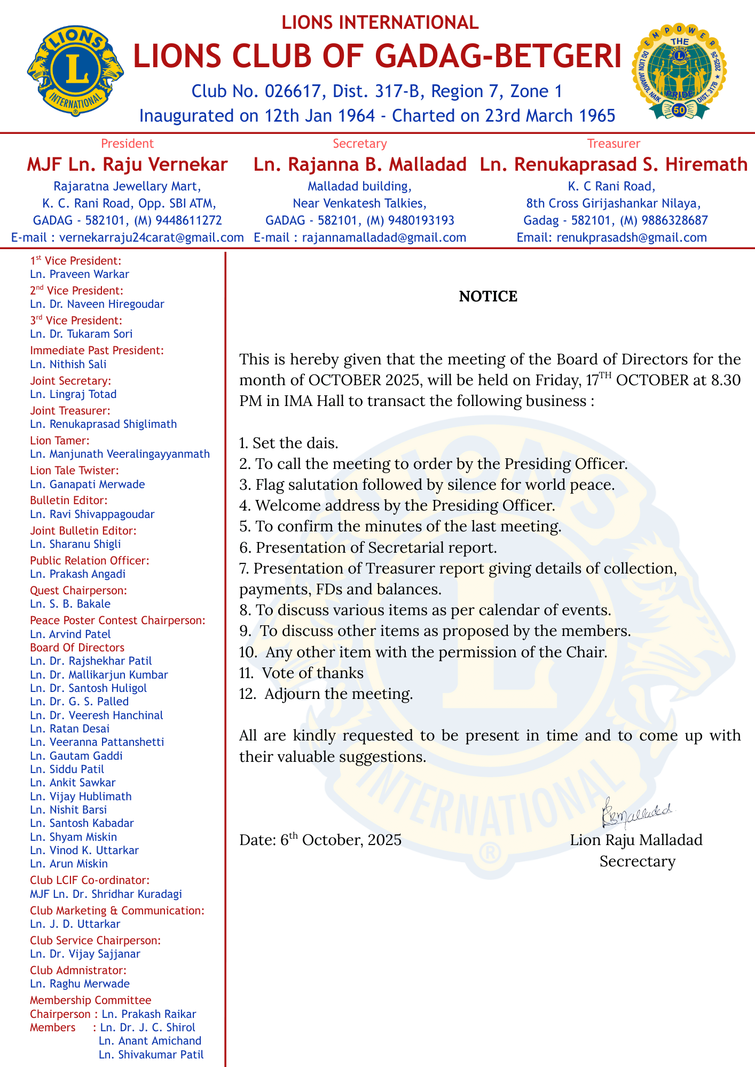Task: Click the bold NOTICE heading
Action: (488, 297)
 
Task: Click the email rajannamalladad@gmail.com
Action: (384, 237)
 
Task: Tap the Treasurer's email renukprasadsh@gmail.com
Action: (631, 237)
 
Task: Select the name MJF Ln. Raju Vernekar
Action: (127, 164)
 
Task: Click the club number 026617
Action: (295, 91)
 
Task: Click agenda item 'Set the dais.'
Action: (295, 443)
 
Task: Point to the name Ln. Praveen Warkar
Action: (80, 274)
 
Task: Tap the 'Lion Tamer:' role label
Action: (59, 441)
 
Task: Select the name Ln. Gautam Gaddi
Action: (76, 755)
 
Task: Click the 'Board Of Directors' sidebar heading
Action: (77, 648)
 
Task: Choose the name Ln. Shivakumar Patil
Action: (151, 1054)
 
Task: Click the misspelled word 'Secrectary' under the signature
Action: (637, 861)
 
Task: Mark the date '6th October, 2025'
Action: (341, 840)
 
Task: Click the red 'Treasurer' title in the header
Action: (614, 144)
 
